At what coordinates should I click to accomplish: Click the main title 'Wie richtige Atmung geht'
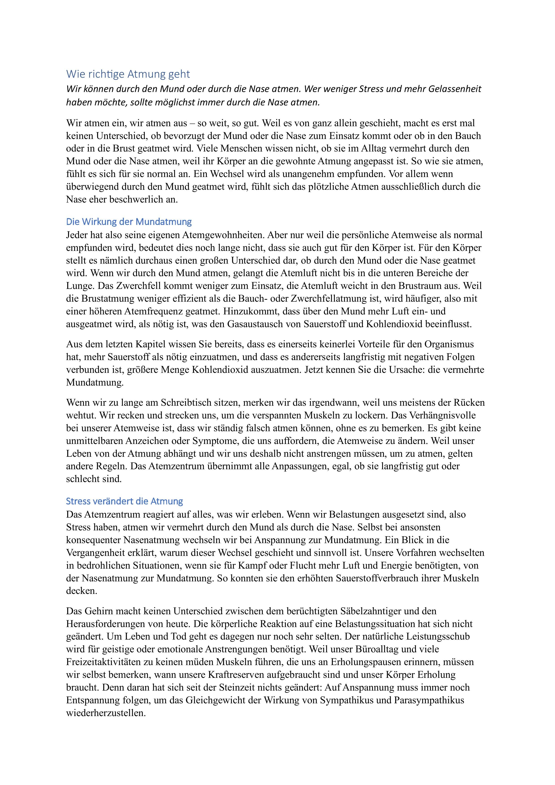128,74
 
